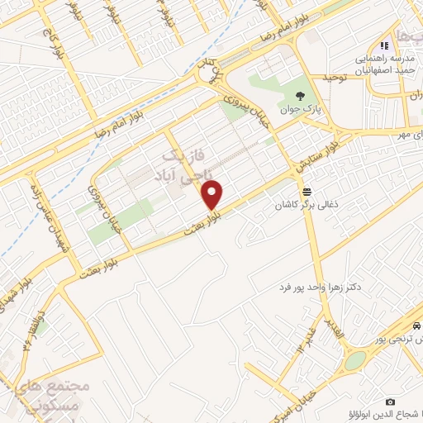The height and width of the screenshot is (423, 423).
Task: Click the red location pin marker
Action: tap(212, 194)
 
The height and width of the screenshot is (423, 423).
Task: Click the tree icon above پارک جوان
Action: tap(311, 93)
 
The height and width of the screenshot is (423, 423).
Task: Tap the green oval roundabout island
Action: tap(355, 360)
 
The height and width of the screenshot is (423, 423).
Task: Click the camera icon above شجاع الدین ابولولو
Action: tap(390, 402)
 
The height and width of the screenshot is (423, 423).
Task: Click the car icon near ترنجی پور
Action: tap(419, 326)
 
